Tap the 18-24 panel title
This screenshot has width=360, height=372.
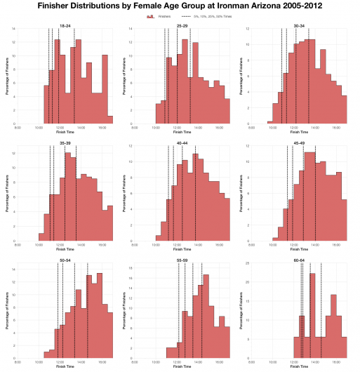[65, 25]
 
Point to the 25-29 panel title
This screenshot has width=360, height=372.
[182, 25]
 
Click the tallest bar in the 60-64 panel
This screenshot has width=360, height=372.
[312, 316]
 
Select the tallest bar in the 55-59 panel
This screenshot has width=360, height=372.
[206, 316]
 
